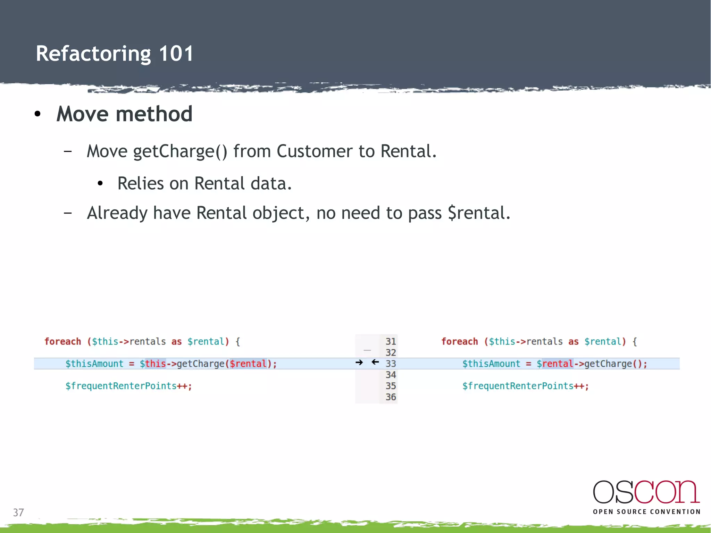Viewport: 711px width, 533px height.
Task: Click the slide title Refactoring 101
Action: coord(115,54)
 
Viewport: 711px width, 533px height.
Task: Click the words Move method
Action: coord(124,114)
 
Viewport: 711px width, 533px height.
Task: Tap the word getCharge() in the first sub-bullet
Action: coord(180,151)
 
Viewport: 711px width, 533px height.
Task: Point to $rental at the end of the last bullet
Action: coord(478,213)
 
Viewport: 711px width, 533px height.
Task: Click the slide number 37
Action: coord(18,512)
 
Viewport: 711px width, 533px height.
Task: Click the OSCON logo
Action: coord(646,492)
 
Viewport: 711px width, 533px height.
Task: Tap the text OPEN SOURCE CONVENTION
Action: coord(646,511)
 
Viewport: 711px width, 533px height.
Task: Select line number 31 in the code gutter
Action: coord(391,341)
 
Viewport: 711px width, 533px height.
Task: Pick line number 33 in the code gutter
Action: coord(391,364)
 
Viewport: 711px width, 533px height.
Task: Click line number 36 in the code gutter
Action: coord(391,397)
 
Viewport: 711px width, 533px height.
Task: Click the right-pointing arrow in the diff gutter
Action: coord(359,363)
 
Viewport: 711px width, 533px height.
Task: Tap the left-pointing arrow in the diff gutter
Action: coord(375,362)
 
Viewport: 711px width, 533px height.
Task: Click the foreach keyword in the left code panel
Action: coord(62,341)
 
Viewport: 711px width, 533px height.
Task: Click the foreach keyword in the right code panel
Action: coord(459,341)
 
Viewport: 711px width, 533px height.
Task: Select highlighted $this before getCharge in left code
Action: coord(153,364)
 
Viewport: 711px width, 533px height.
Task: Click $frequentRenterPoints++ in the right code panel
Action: coord(525,386)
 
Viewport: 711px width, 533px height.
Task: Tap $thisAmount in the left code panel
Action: coord(94,364)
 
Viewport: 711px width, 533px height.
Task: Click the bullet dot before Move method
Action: coord(38,114)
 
